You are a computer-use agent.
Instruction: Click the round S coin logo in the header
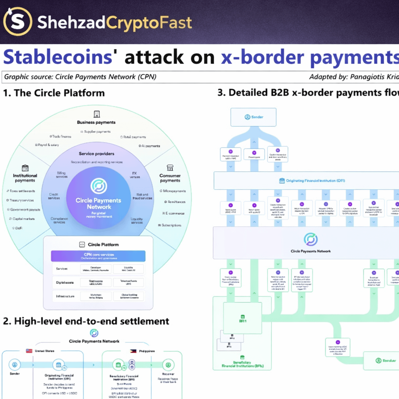point(18,22)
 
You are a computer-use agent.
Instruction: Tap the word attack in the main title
point(154,57)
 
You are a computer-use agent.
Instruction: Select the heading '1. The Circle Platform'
point(54,93)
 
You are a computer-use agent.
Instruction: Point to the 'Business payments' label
point(96,122)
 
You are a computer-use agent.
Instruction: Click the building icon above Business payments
point(97,114)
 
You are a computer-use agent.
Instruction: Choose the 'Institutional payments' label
point(25,178)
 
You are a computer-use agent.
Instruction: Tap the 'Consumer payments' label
point(170,178)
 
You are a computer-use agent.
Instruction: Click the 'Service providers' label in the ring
point(97,154)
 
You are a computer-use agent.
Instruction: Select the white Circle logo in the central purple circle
point(99,186)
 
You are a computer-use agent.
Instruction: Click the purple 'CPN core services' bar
point(98,256)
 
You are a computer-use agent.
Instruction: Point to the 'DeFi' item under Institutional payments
point(18,228)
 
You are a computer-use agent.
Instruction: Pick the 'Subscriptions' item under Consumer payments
point(169,225)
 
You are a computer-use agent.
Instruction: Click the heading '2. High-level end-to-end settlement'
point(86,321)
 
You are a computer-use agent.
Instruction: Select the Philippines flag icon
point(133,351)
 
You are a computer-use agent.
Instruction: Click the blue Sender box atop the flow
point(253,117)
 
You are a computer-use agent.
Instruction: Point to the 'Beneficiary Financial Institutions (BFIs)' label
point(242,364)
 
